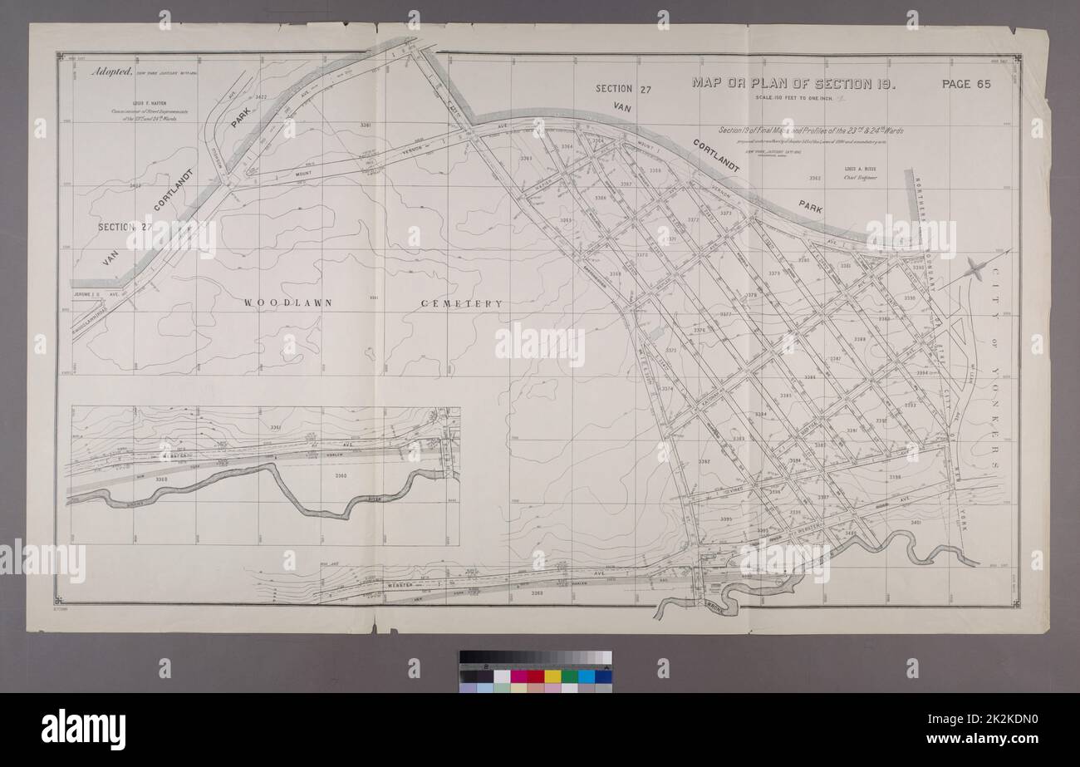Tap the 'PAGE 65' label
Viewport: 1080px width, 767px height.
tap(967, 83)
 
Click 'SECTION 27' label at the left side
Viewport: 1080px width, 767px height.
tap(125, 227)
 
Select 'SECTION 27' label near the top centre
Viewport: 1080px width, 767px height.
tap(624, 89)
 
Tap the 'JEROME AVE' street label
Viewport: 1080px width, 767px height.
tap(86, 293)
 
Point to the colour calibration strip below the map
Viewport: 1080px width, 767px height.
tap(535, 671)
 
